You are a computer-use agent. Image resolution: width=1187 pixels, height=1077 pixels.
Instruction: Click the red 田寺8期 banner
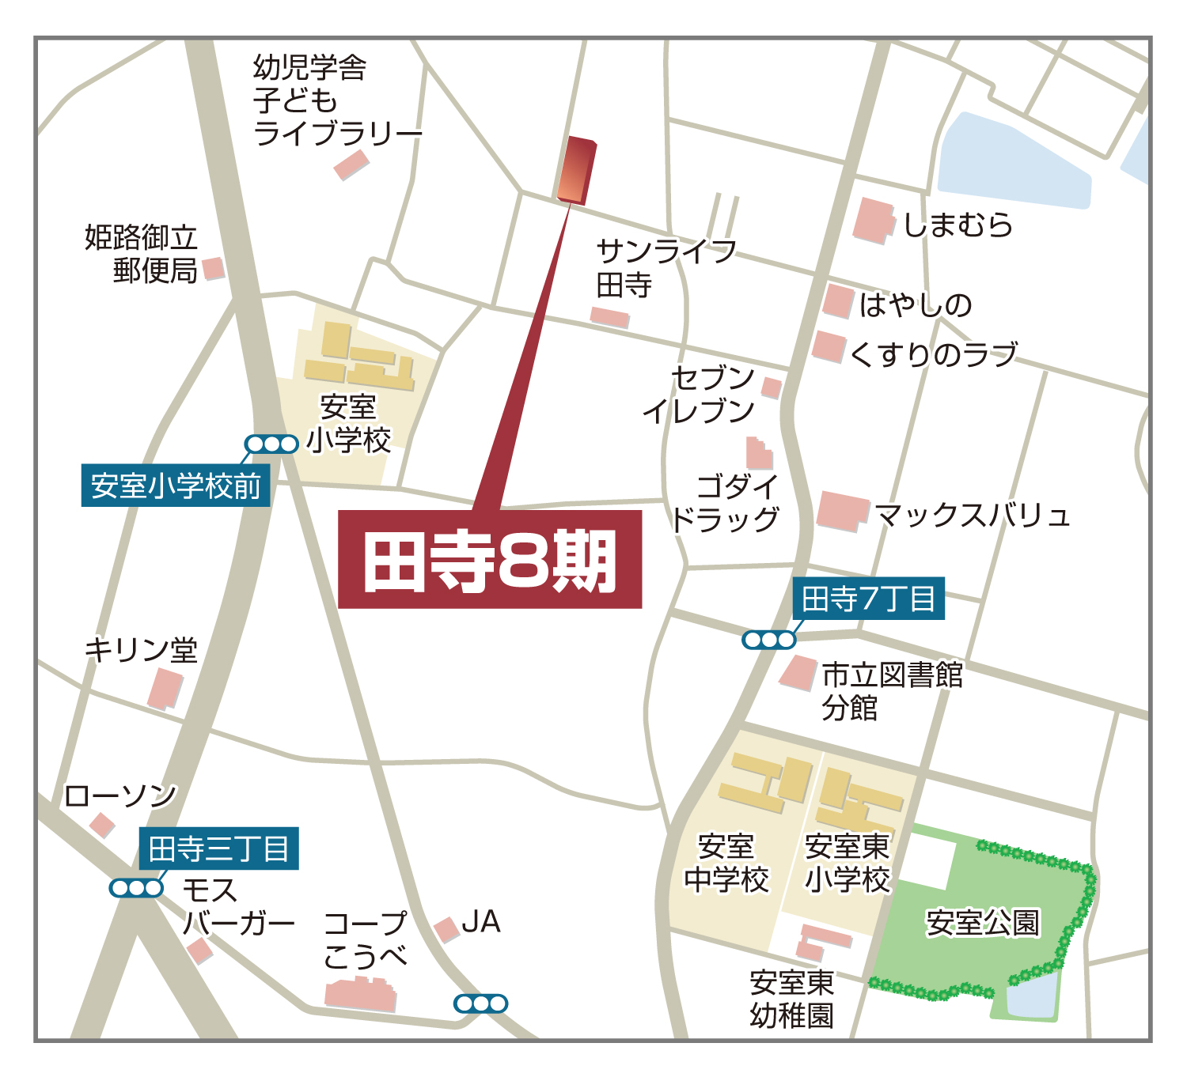click(x=490, y=560)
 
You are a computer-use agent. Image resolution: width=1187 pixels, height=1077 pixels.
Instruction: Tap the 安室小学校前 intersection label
click(x=176, y=486)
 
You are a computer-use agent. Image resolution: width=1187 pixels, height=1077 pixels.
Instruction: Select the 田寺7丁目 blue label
click(x=868, y=599)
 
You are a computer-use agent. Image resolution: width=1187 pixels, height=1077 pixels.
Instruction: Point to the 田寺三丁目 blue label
click(x=219, y=849)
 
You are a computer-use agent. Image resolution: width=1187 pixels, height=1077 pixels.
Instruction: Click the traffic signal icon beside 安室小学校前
click(x=271, y=444)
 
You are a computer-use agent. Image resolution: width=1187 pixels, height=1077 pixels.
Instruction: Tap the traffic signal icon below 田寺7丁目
click(x=768, y=640)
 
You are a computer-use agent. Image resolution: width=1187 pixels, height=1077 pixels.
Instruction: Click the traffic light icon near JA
click(x=480, y=1003)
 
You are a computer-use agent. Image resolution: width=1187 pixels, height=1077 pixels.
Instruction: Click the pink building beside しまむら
click(x=873, y=220)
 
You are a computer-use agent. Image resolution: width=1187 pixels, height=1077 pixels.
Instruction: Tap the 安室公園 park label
click(x=983, y=923)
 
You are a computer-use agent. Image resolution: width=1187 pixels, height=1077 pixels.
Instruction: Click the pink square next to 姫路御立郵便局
click(x=213, y=269)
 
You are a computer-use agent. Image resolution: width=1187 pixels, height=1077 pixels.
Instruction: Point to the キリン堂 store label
click(x=141, y=650)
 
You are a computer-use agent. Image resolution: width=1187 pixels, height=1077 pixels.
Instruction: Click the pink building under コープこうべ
click(x=361, y=994)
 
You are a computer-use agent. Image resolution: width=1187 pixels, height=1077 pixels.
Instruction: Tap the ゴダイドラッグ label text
click(x=726, y=503)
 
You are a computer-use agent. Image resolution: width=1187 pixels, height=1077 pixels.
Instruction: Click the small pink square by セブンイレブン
click(x=772, y=387)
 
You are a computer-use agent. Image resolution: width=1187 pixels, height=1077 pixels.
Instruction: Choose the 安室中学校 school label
click(x=726, y=863)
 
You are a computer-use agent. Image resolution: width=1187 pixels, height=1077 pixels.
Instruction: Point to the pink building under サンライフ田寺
click(x=609, y=317)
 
